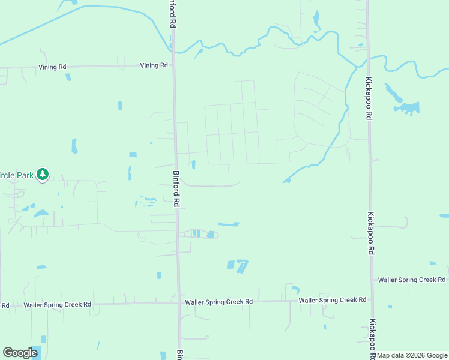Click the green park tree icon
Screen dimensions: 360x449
click(42, 175)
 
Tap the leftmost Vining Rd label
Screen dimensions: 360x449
click(52, 67)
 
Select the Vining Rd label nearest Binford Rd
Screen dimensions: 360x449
click(154, 65)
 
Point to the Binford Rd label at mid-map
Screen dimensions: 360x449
click(176, 189)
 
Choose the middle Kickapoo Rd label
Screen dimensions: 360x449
click(372, 233)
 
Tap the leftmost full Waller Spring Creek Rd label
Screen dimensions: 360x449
click(58, 305)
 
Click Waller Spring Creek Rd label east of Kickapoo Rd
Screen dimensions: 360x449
click(412, 280)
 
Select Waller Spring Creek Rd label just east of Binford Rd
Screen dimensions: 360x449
click(219, 302)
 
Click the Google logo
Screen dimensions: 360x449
click(20, 353)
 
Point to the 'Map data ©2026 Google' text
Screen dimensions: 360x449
click(412, 355)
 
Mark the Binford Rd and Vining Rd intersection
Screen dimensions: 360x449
click(174, 65)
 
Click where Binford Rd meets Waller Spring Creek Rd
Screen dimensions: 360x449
click(179, 302)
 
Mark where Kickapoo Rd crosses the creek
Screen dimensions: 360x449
click(368, 58)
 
